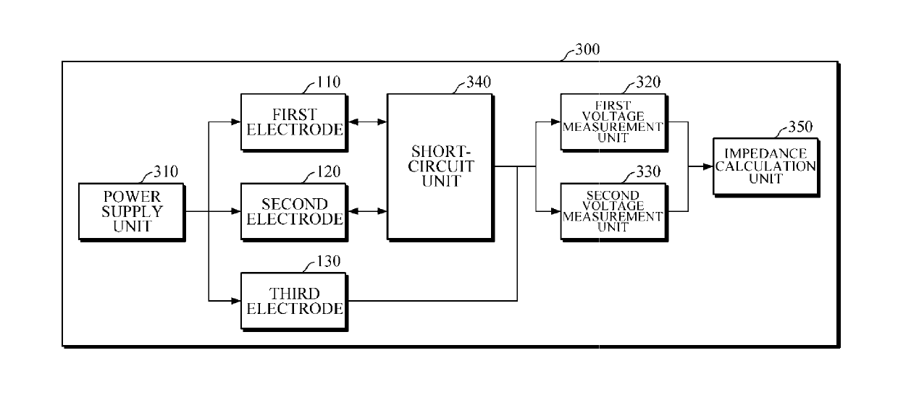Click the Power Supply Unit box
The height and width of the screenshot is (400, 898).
tap(132, 212)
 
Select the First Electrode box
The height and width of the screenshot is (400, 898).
tap(294, 122)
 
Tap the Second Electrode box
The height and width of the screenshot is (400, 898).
tap(294, 212)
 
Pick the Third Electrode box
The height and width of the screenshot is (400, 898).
tap(294, 302)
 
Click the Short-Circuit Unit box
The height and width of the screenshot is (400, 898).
tap(440, 167)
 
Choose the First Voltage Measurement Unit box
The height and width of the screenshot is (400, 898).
tap(614, 122)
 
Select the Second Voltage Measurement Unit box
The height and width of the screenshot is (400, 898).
tap(614, 212)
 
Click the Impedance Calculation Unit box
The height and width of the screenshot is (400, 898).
tap(766, 167)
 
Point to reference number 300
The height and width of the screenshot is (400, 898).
tap(587, 49)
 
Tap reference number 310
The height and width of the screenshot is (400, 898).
tap(166, 171)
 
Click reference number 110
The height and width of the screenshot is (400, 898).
tap(328, 82)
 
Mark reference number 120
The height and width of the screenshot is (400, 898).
tap(328, 171)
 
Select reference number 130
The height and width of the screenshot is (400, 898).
tap(328, 261)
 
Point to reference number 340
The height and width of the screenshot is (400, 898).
tap(479, 82)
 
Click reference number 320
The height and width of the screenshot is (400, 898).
tap(649, 82)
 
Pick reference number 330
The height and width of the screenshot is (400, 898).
tap(649, 171)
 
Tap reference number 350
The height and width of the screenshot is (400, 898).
tap(800, 127)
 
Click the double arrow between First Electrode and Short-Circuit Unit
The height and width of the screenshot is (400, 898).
tap(368, 122)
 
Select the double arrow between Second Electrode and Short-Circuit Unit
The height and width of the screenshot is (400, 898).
tap(368, 211)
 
